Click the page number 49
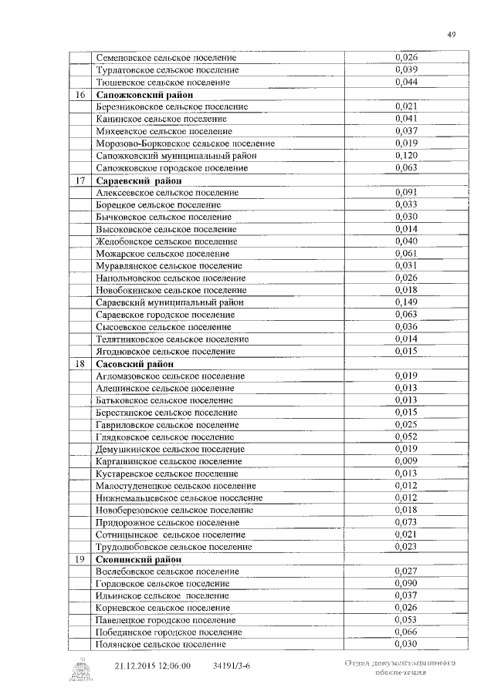coord(452,33)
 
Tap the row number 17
coord(80,180)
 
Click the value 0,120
coord(406,156)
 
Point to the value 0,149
coord(406,302)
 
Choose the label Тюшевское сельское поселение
coord(163,83)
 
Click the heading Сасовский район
coord(134,363)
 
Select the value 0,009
coord(406,460)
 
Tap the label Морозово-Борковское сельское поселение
coord(185,143)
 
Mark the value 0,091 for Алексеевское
coord(406,192)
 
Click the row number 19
coord(80,558)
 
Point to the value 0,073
coord(406,521)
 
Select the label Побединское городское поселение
coord(169,632)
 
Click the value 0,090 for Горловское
coord(406,583)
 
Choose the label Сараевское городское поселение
coord(165,315)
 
